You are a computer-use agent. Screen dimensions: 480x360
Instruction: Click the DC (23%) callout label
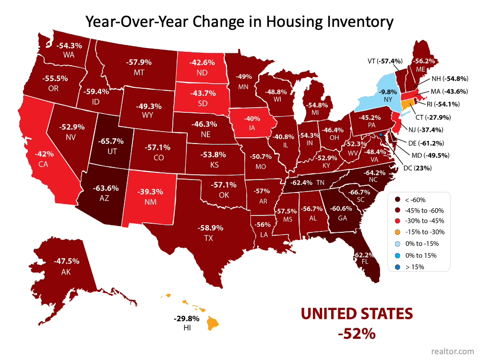417,168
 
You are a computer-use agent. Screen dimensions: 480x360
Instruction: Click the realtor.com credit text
453,351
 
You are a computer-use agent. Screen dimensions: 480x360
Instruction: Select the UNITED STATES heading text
357,314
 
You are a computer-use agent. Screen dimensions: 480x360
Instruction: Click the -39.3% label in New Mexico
150,192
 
